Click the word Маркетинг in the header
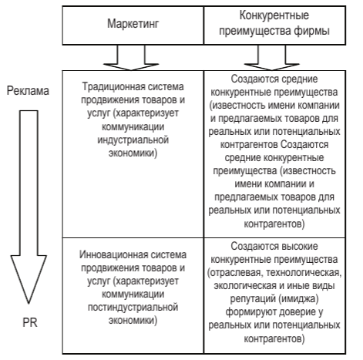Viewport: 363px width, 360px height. [133, 24]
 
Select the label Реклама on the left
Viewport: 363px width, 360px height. [28, 91]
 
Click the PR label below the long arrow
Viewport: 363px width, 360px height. [30, 323]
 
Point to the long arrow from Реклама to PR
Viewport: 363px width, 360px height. [29, 207]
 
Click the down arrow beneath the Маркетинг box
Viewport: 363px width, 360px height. [131, 58]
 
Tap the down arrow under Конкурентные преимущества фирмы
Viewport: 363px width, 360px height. [272, 58]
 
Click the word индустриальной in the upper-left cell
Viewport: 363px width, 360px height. [133, 140]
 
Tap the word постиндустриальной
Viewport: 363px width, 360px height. [133, 308]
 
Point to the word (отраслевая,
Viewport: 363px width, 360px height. [235, 273]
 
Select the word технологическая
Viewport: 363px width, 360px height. [304, 273]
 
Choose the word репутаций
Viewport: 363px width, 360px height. [253, 299]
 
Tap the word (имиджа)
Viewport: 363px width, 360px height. [298, 299]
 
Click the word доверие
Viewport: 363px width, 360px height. [298, 312]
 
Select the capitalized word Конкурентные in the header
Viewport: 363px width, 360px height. [274, 15]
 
